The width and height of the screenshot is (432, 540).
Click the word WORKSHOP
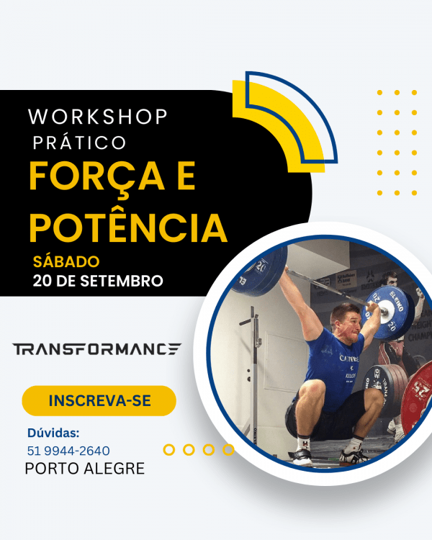click(98, 116)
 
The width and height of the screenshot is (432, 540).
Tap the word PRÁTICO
click(79, 143)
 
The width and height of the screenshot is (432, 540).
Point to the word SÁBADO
click(66, 261)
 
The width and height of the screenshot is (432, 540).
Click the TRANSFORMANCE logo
click(96, 349)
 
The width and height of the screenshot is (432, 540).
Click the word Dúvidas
click(53, 433)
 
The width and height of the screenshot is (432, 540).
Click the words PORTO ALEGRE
click(85, 469)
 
